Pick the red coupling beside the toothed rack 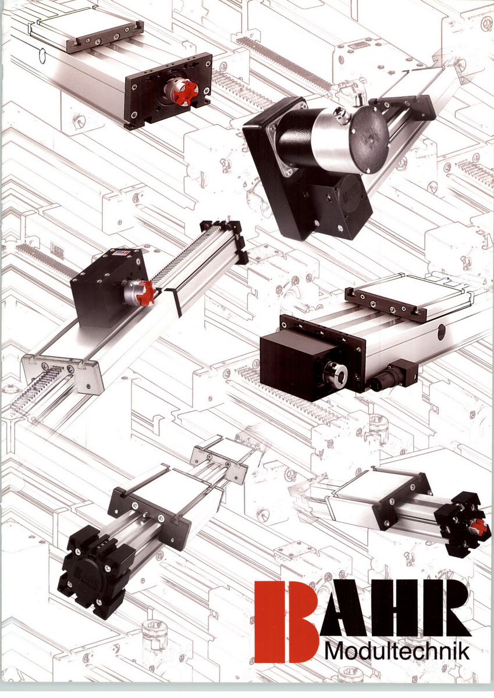point(147,291)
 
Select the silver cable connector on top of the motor point(339,114)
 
